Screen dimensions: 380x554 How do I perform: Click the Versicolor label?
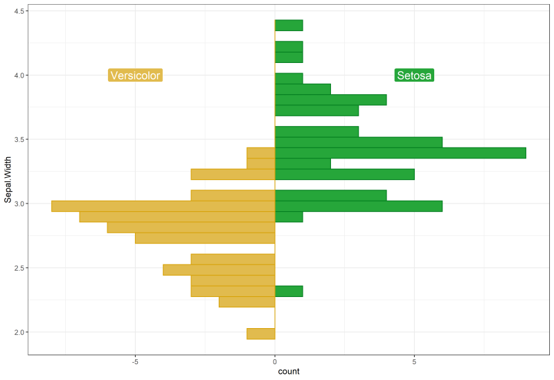pyautogui.click(x=135, y=75)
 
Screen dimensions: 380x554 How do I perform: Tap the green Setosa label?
pyautogui.click(x=414, y=75)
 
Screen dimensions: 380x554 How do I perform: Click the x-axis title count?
pyautogui.click(x=288, y=372)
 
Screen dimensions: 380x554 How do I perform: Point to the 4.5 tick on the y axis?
pyautogui.click(x=19, y=11)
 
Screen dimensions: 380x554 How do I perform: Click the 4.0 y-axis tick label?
pyautogui.click(x=19, y=75)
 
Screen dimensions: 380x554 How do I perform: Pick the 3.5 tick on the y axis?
pyautogui.click(x=19, y=140)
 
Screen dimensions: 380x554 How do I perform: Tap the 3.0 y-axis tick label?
pyautogui.click(x=19, y=203)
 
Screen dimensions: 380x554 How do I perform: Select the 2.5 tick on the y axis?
pyautogui.click(x=19, y=268)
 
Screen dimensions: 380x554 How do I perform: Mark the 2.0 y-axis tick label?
pyautogui.click(x=19, y=332)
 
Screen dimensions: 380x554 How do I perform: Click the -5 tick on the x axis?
pyautogui.click(x=135, y=361)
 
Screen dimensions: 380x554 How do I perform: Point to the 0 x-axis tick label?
pyautogui.click(x=275, y=361)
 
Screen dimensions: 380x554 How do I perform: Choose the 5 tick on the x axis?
pyautogui.click(x=414, y=361)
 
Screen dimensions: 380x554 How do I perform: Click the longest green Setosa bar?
pyautogui.click(x=400, y=153)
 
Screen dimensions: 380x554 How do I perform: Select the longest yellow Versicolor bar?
pyautogui.click(x=163, y=206)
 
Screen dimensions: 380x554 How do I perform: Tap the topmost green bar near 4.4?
pyautogui.click(x=289, y=26)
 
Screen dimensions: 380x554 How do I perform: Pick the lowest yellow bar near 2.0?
pyautogui.click(x=261, y=334)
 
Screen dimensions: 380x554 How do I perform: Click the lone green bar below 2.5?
pyautogui.click(x=289, y=291)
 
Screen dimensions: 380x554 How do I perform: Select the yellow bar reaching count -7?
pyautogui.click(x=177, y=217)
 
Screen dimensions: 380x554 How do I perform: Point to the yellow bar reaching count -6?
pyautogui.click(x=191, y=227)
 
